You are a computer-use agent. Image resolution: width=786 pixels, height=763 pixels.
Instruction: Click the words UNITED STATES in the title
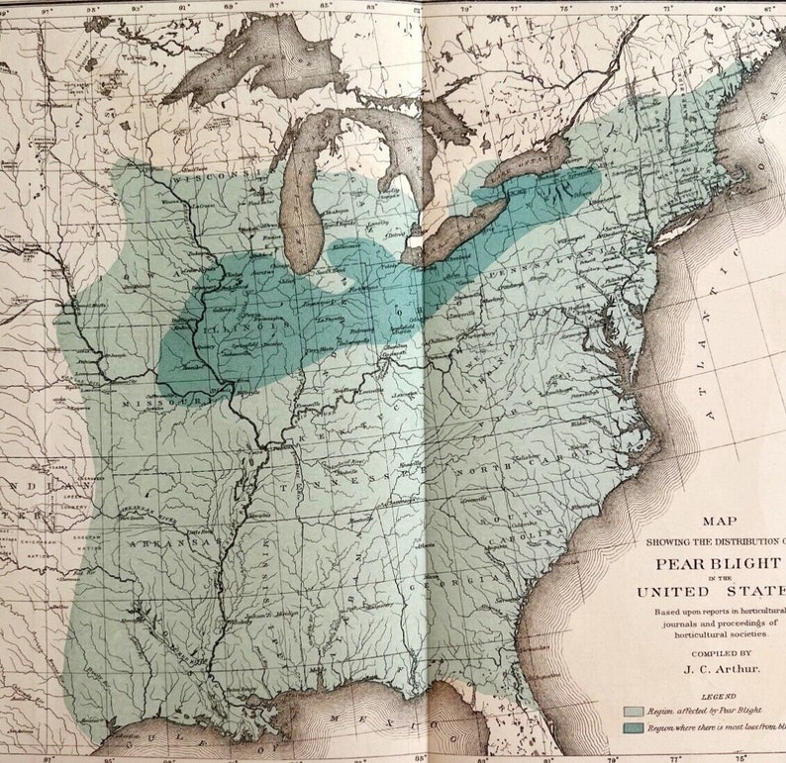711,592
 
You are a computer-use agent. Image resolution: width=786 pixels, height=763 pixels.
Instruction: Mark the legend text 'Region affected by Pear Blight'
705,711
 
